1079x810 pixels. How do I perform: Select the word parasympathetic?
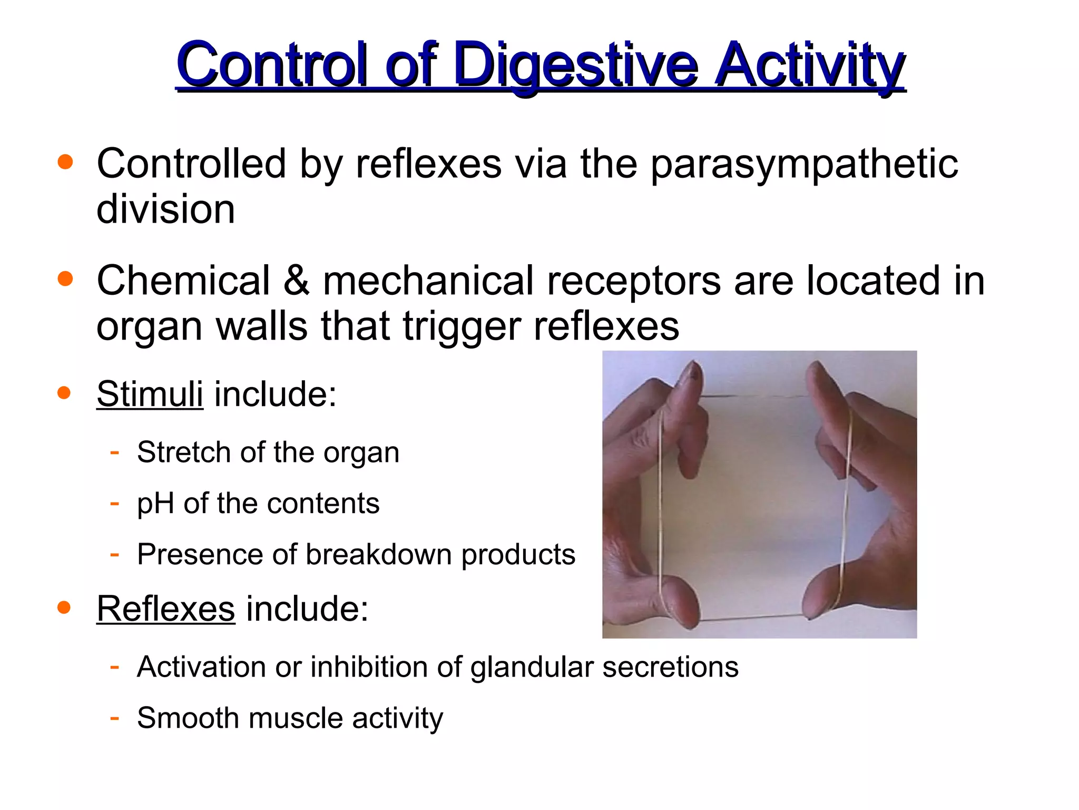pyautogui.click(x=804, y=165)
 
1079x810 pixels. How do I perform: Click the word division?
pyautogui.click(x=165, y=209)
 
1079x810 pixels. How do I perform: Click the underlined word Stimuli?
pyautogui.click(x=150, y=394)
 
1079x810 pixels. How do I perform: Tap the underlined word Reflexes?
pyautogui.click(x=165, y=609)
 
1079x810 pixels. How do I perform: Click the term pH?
pyautogui.click(x=155, y=504)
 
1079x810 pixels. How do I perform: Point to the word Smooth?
pyautogui.click(x=187, y=718)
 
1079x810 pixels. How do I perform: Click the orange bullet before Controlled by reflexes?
pyautogui.click(x=65, y=162)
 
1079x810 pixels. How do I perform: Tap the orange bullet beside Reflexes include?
pyautogui.click(x=64, y=607)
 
